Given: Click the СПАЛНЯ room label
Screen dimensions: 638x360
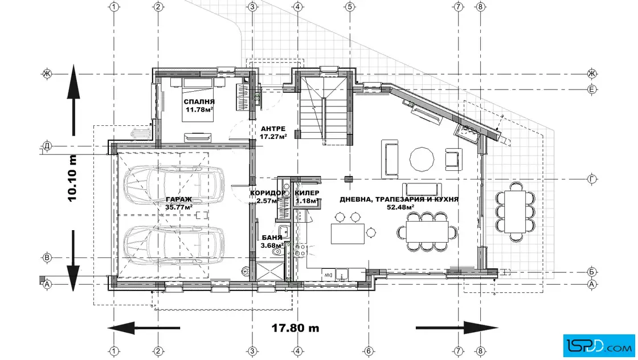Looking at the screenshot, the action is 199,102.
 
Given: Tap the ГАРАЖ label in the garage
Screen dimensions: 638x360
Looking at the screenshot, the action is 179,200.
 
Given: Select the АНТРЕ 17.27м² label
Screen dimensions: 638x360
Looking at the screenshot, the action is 273,133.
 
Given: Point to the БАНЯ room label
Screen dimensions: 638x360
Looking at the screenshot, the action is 272,238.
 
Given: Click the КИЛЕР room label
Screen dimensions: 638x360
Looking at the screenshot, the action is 307,193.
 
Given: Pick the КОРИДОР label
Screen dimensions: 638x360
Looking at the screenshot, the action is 268,193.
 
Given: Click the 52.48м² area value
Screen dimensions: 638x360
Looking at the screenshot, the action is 401,207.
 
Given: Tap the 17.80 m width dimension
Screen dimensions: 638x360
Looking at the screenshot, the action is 296,328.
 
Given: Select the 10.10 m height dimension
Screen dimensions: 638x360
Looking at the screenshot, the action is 72,178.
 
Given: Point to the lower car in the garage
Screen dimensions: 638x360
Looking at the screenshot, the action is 174,246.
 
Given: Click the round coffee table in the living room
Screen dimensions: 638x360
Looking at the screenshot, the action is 422,159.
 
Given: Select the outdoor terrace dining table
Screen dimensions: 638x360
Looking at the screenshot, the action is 515,211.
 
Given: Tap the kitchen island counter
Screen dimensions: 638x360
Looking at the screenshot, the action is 347,233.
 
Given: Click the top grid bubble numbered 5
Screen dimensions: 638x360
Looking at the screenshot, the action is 350,6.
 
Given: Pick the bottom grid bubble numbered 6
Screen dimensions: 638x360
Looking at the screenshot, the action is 369,351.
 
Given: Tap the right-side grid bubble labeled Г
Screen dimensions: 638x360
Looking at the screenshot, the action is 592,179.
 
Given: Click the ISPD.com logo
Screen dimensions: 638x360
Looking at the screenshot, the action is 599,346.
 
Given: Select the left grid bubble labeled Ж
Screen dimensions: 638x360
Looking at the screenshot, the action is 47,73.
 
